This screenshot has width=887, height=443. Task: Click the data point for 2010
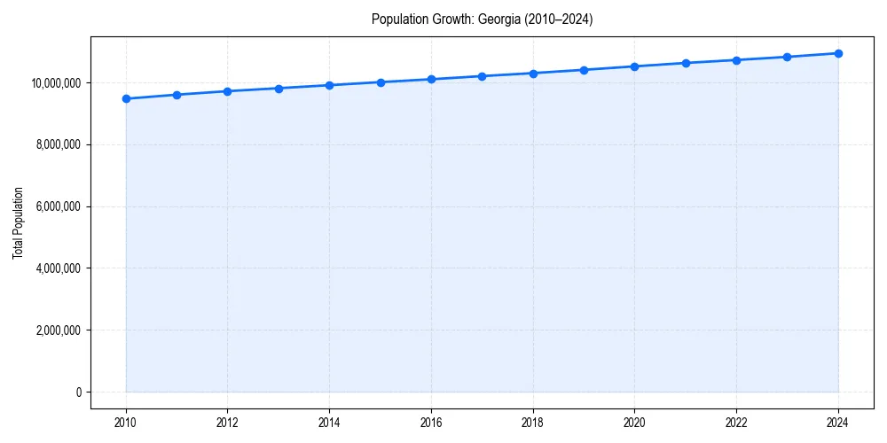click(126, 98)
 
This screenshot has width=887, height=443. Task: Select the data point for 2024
click(838, 53)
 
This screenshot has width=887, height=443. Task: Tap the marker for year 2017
click(483, 76)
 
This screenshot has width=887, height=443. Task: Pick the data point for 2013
click(279, 89)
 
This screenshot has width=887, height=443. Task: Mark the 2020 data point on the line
click(635, 66)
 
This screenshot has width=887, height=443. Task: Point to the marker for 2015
click(381, 82)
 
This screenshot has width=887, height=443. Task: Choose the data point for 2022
click(736, 60)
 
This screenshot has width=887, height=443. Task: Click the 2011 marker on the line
click(177, 95)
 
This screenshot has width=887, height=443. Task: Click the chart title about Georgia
click(482, 19)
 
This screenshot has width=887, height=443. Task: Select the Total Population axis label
click(18, 222)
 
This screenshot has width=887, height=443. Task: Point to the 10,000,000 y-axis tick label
click(56, 83)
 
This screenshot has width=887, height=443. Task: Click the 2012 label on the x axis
click(228, 422)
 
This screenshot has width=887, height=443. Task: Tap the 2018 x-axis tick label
click(533, 422)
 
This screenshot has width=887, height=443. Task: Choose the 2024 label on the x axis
click(838, 422)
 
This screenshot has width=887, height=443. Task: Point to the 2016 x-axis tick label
click(431, 422)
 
